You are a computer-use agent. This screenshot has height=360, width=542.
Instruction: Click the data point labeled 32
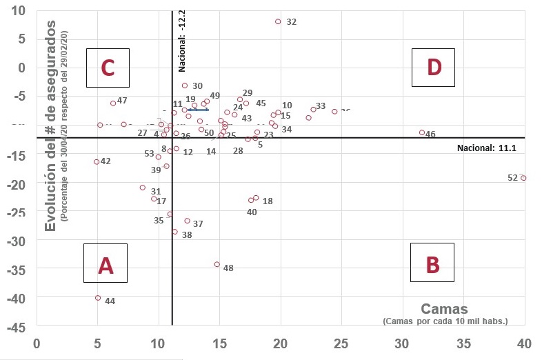[x=278, y=21]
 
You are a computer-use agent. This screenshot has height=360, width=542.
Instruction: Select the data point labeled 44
[x=98, y=298]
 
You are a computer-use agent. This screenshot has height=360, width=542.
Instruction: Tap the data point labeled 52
[x=523, y=178]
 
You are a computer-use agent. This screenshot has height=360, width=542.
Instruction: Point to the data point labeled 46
[x=422, y=132]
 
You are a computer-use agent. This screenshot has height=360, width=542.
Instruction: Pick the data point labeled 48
[x=217, y=264]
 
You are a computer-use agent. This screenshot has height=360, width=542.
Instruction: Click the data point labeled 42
[x=97, y=162]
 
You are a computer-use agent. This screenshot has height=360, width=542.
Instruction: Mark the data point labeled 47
[x=113, y=103]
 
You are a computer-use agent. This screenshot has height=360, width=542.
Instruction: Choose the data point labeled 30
[x=185, y=86]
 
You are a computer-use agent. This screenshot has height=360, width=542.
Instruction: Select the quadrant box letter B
[x=432, y=263]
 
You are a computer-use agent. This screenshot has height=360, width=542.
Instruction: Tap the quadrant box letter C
[x=108, y=68]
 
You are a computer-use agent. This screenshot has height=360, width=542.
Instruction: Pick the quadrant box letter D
[x=434, y=68]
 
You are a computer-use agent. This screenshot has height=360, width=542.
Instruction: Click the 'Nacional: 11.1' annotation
[x=486, y=148]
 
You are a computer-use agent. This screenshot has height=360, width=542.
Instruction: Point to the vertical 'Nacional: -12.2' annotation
[x=182, y=41]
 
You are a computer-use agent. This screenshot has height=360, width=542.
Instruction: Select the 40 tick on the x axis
[x=524, y=341]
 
